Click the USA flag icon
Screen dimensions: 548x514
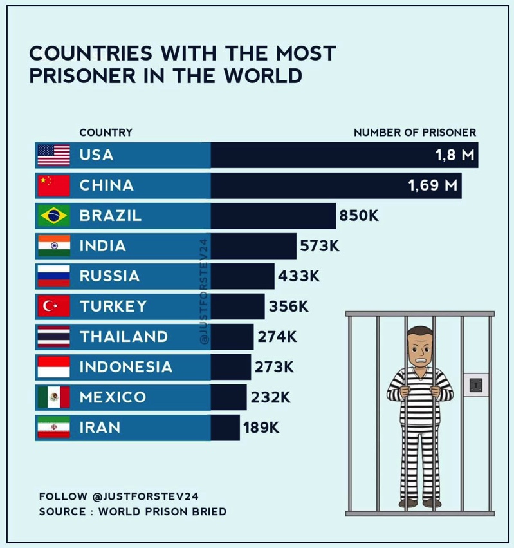point(53,155)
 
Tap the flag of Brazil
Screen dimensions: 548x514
point(53,216)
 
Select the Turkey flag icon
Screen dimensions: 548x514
point(53,307)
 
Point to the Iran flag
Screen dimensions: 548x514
point(53,427)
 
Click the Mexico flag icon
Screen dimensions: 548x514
point(53,397)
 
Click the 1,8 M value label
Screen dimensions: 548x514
point(454,155)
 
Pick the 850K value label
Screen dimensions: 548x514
point(359,216)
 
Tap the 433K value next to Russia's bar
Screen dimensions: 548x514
point(298,276)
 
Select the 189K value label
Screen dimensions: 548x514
point(261,427)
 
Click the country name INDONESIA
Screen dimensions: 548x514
point(125,367)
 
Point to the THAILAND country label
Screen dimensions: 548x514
point(124,337)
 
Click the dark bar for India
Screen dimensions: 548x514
point(253,246)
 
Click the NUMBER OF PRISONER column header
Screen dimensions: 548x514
point(415,133)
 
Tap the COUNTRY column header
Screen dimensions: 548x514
point(106,133)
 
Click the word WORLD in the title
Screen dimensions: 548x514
point(262,76)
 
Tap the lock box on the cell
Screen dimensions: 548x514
point(475,385)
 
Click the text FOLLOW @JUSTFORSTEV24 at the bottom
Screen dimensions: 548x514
point(118,496)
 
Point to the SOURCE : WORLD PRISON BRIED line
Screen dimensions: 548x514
point(133,512)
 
